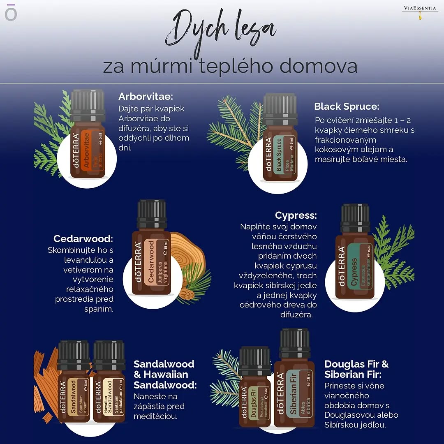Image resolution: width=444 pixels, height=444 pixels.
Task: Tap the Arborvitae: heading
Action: point(146,97)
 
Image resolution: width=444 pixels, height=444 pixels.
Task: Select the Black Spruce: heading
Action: point(346,106)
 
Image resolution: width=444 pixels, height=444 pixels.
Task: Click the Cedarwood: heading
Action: point(83,239)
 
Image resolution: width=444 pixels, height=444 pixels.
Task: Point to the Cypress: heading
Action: point(296,215)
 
